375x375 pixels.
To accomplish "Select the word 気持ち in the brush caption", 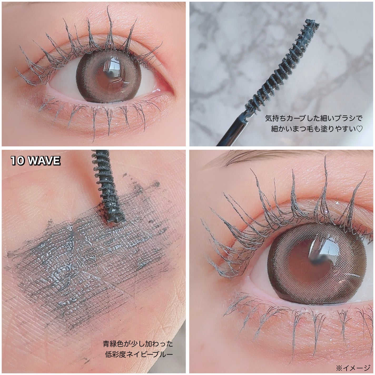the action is [x=276, y=118].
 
